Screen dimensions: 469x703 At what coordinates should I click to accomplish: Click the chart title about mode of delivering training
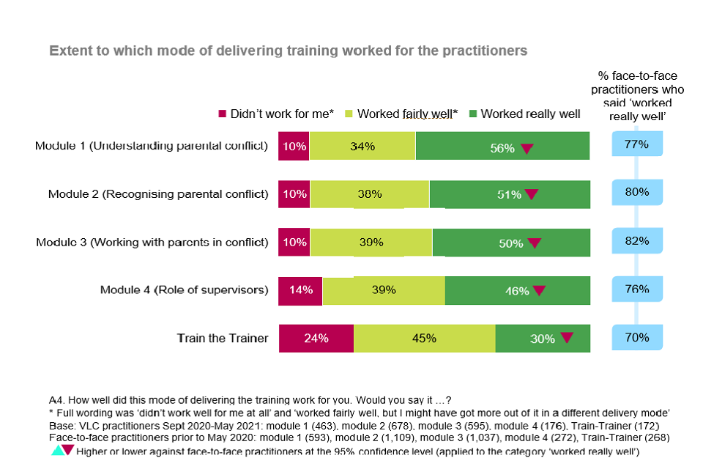[288, 51]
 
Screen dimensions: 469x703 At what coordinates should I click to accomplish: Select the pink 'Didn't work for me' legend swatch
[223, 114]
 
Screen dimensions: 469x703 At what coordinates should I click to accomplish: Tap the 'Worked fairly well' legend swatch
[349, 114]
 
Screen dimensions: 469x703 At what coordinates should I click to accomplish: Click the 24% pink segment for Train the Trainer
[316, 339]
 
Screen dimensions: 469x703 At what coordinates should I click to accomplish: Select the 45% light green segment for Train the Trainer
[425, 339]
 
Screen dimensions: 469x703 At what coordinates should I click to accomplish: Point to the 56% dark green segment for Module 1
[502, 146]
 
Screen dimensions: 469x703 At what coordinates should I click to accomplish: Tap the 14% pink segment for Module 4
[300, 290]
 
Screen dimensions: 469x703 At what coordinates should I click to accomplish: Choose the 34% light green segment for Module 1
[362, 146]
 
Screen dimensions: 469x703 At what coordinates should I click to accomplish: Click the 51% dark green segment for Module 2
[509, 194]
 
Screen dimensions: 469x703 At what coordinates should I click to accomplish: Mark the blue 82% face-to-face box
[637, 241]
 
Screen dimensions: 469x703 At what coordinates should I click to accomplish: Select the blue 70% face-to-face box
[637, 338]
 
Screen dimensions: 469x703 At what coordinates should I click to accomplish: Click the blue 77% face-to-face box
[637, 144]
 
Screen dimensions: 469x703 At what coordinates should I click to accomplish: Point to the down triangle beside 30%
[566, 339]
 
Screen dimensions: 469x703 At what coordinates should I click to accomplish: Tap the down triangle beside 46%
[539, 291]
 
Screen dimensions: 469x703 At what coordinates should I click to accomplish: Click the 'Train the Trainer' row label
[223, 339]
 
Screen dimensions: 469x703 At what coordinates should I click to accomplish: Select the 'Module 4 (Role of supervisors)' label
[185, 290]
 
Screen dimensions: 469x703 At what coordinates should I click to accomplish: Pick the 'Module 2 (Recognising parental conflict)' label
[158, 194]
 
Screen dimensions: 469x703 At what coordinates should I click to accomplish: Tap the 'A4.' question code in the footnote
[57, 400]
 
